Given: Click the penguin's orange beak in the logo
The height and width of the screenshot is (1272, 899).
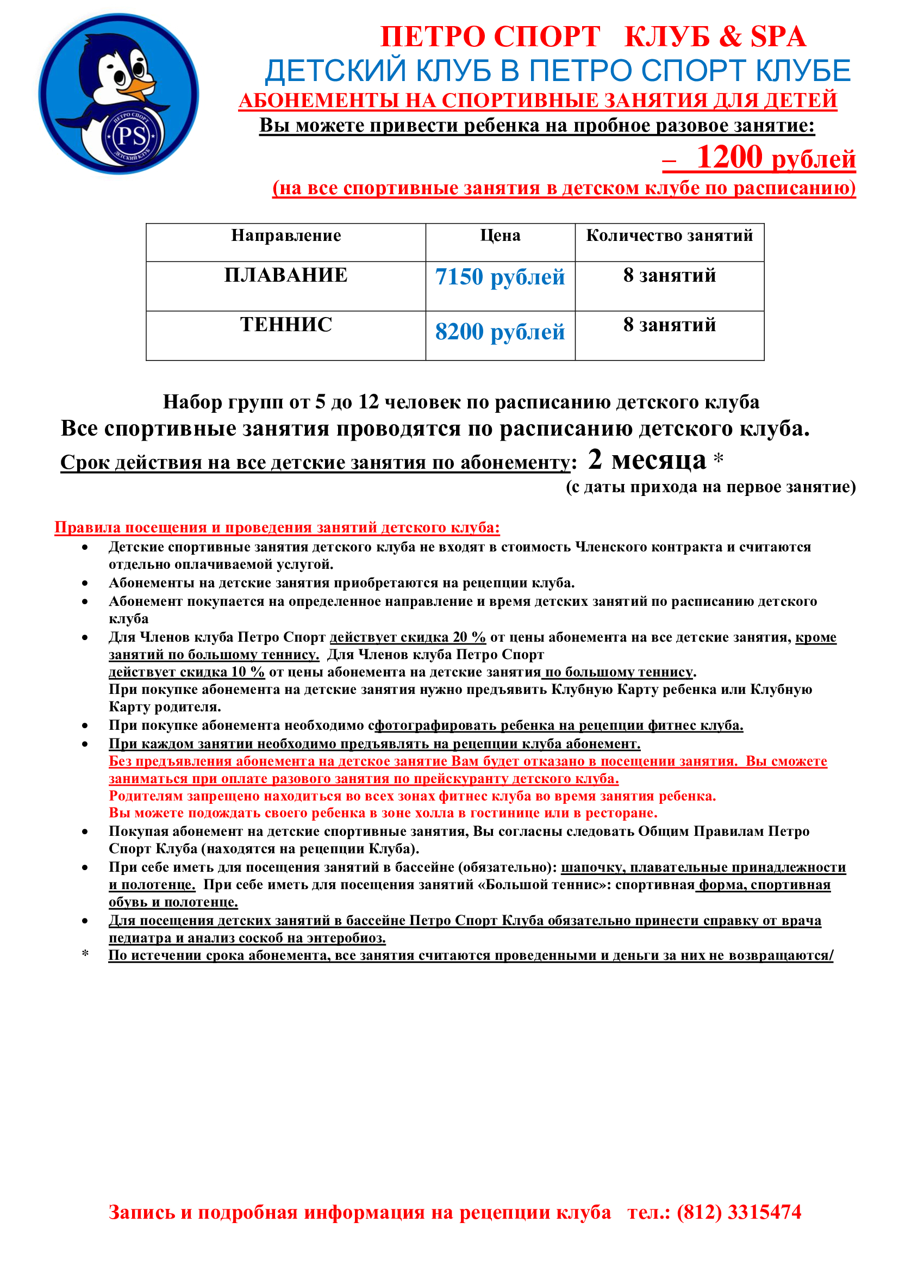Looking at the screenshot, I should pos(141,86).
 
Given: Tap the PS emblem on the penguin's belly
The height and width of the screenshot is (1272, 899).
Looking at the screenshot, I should pos(132,136).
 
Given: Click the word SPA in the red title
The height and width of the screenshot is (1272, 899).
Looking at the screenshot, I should pos(778,37).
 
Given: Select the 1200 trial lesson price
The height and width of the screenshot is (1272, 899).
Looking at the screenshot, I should pos(729,157).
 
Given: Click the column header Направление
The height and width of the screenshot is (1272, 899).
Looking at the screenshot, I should pos(286,235).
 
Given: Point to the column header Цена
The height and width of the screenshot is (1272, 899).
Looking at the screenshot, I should pos(500,235).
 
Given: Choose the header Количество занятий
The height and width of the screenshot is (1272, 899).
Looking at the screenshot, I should pos(669,235).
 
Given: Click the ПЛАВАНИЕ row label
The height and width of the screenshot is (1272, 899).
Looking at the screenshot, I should pos(286,275).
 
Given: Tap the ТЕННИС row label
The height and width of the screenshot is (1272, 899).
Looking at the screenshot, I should pos(286,325).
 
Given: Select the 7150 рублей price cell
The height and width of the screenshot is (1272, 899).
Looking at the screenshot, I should pos(500,277).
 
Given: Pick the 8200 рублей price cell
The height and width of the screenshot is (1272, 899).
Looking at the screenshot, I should pos(500,332).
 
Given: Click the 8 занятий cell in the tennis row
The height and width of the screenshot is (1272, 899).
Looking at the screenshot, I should pos(669,325).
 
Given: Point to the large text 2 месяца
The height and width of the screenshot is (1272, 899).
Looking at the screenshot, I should pos(647,460).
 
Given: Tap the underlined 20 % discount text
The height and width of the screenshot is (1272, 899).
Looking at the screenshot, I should pos(408,637).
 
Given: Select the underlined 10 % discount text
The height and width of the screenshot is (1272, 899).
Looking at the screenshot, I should pos(187,672).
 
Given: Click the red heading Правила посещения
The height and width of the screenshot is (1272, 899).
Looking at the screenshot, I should pos(277,528).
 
